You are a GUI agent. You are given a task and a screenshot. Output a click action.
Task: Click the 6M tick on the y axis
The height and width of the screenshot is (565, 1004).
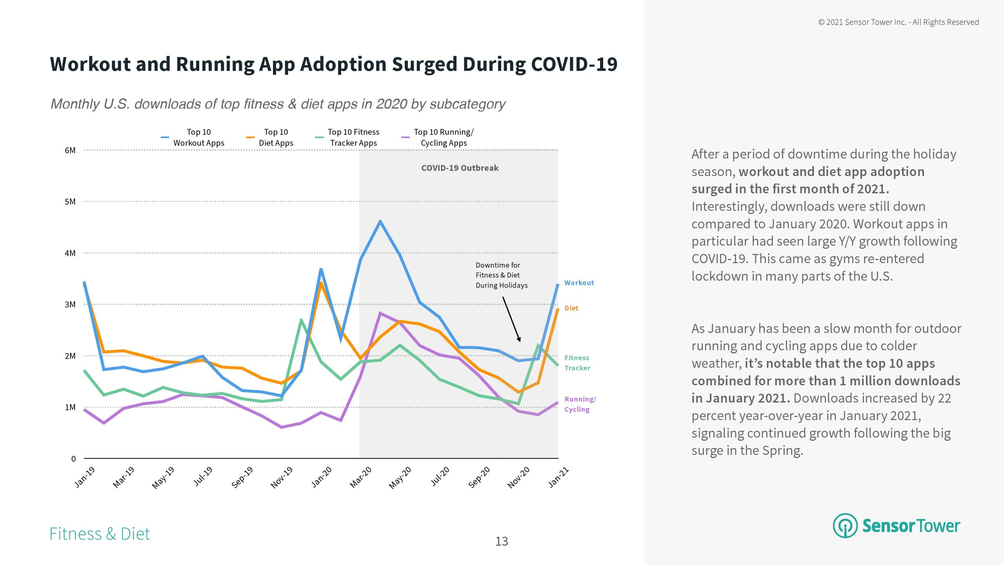click(70, 150)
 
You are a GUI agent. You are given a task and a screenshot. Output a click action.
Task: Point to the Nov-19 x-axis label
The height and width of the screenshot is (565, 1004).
click(282, 477)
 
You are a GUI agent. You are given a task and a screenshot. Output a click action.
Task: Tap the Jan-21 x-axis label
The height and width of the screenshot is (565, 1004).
click(558, 477)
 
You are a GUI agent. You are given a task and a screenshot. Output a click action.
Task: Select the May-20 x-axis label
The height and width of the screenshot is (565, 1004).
click(400, 477)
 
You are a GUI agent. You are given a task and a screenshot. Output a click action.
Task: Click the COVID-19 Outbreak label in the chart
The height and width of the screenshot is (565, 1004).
click(460, 168)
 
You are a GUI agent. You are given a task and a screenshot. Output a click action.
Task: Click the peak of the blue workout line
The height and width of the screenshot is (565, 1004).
click(380, 221)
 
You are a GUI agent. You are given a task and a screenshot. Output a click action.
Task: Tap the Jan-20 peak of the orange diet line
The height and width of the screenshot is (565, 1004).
click(321, 282)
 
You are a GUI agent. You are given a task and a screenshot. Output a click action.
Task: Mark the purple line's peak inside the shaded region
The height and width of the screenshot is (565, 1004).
click(380, 313)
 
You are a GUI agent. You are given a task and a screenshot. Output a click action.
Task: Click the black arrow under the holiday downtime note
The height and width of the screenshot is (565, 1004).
click(511, 319)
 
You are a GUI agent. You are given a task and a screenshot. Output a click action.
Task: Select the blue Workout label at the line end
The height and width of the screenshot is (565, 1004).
click(579, 283)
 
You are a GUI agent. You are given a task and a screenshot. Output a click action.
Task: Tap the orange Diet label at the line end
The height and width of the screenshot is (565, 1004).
click(571, 308)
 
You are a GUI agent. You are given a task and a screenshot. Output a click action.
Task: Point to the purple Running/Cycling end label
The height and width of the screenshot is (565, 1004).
click(580, 404)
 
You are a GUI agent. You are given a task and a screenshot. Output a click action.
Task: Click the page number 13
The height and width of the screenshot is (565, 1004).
click(502, 541)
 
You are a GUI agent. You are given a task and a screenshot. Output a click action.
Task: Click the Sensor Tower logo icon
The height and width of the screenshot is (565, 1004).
click(845, 526)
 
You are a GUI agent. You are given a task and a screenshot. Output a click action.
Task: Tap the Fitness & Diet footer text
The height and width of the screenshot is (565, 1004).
click(100, 534)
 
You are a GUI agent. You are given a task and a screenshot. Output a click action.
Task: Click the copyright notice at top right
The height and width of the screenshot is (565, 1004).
click(898, 22)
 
